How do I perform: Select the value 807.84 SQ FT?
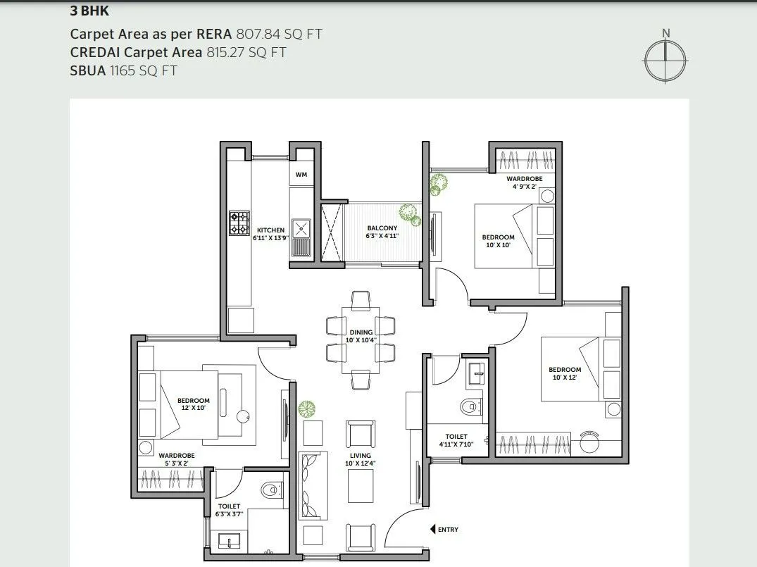[x=280, y=34]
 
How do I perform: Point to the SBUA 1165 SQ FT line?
[x=123, y=70]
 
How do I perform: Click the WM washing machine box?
[x=301, y=174]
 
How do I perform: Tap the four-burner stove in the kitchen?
[x=239, y=223]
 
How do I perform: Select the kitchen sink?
[x=302, y=228]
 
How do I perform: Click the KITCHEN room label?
[x=270, y=230]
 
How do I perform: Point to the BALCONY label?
[x=382, y=228]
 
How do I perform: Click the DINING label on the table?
[x=361, y=332]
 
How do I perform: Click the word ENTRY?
[x=448, y=530]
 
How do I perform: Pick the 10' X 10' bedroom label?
[x=498, y=242]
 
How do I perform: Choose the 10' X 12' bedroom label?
[x=565, y=374]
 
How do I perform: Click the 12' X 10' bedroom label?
[x=193, y=404]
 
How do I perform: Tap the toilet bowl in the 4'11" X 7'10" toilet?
[x=470, y=406]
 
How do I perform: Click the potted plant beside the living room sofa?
[x=306, y=409]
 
